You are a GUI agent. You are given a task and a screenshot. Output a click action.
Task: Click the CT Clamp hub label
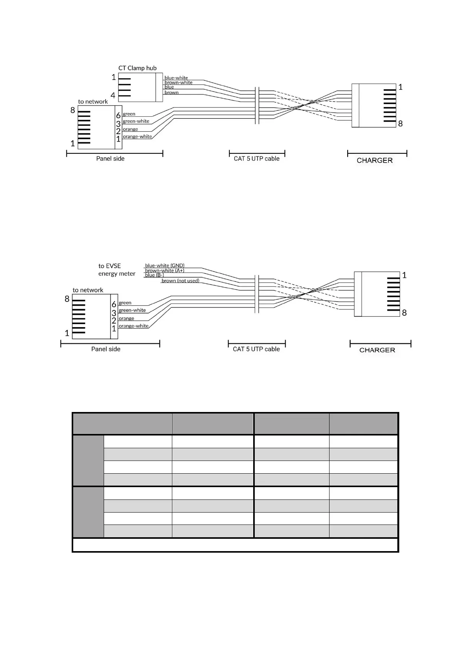[137, 68]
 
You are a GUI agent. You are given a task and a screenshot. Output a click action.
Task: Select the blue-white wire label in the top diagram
[176, 78]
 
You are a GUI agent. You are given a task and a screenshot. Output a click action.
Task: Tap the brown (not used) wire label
[180, 281]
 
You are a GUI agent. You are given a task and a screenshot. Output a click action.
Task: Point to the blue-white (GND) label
[165, 266]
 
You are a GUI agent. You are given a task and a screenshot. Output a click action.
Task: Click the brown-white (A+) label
[165, 271]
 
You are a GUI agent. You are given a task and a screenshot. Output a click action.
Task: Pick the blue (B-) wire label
[154, 275]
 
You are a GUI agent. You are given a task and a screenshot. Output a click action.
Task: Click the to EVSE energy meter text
[116, 270]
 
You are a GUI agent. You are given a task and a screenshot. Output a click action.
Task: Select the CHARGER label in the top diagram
[375, 160]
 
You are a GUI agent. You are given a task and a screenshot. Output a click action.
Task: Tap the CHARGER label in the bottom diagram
[377, 350]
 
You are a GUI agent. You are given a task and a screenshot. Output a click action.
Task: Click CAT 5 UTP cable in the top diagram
[257, 158]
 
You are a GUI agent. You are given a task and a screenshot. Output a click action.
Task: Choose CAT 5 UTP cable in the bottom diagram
[256, 349]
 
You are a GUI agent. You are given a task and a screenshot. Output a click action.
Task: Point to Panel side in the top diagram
[110, 158]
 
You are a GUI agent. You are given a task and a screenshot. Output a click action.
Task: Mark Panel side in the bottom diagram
[106, 349]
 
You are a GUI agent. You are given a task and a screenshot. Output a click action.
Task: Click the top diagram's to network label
[93, 102]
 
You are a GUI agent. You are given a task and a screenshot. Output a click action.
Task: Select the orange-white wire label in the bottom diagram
[133, 326]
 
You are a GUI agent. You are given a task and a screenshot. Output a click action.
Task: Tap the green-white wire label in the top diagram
[136, 121]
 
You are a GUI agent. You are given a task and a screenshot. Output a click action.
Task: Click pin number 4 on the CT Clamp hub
[113, 95]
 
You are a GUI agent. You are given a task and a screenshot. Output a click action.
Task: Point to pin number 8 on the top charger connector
[400, 124]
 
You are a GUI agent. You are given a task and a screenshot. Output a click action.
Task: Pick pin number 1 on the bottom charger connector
[404, 275]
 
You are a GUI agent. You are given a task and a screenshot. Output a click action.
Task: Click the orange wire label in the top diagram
[130, 129]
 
